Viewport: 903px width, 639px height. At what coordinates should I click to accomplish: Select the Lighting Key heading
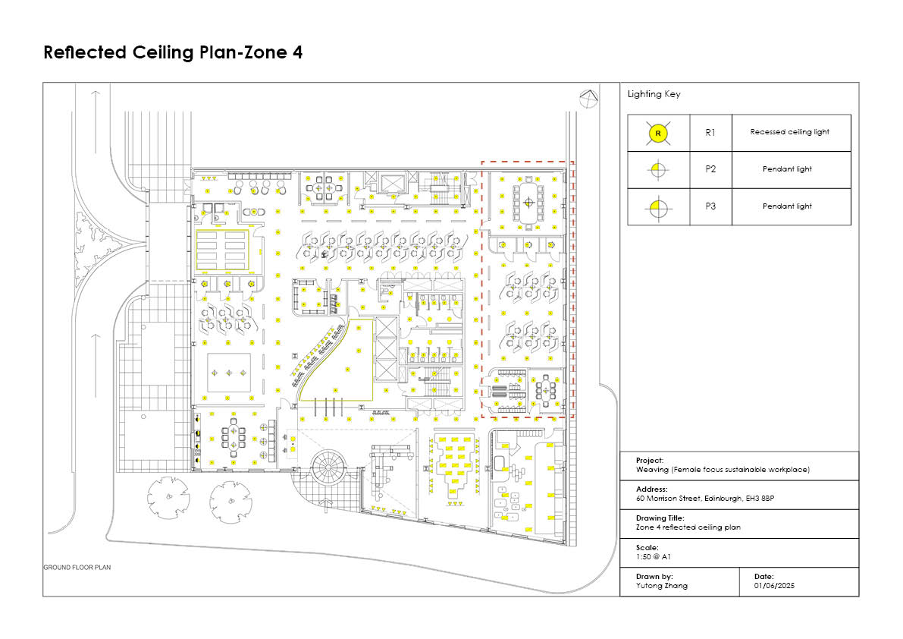[x=654, y=94]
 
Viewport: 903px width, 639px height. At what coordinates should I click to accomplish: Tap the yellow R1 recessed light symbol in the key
[x=658, y=133]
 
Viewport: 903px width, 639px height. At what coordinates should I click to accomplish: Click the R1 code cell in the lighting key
[x=710, y=133]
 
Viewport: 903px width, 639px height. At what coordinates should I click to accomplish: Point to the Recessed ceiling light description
[x=789, y=132]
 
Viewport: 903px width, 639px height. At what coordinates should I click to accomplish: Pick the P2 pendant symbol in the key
[x=658, y=170]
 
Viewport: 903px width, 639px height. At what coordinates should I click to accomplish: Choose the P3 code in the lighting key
[x=710, y=206]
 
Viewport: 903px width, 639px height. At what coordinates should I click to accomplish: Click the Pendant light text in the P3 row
[x=787, y=206]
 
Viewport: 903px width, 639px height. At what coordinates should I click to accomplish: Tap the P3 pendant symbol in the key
[x=658, y=207]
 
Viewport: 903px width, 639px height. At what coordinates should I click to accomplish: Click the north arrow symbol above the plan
[x=588, y=99]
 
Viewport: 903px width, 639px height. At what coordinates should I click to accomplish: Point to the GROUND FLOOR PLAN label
[x=77, y=568]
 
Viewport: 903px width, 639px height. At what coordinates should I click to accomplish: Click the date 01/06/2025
[x=774, y=585]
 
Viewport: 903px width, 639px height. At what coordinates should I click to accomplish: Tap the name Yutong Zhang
[x=662, y=585]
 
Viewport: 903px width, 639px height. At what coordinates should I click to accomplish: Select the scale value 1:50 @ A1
[x=653, y=556]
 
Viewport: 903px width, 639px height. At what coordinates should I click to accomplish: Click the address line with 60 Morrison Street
[x=705, y=499]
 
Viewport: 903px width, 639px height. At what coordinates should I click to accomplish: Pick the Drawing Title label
[x=660, y=518]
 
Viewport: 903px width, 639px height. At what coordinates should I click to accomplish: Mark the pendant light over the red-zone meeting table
[x=528, y=203]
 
